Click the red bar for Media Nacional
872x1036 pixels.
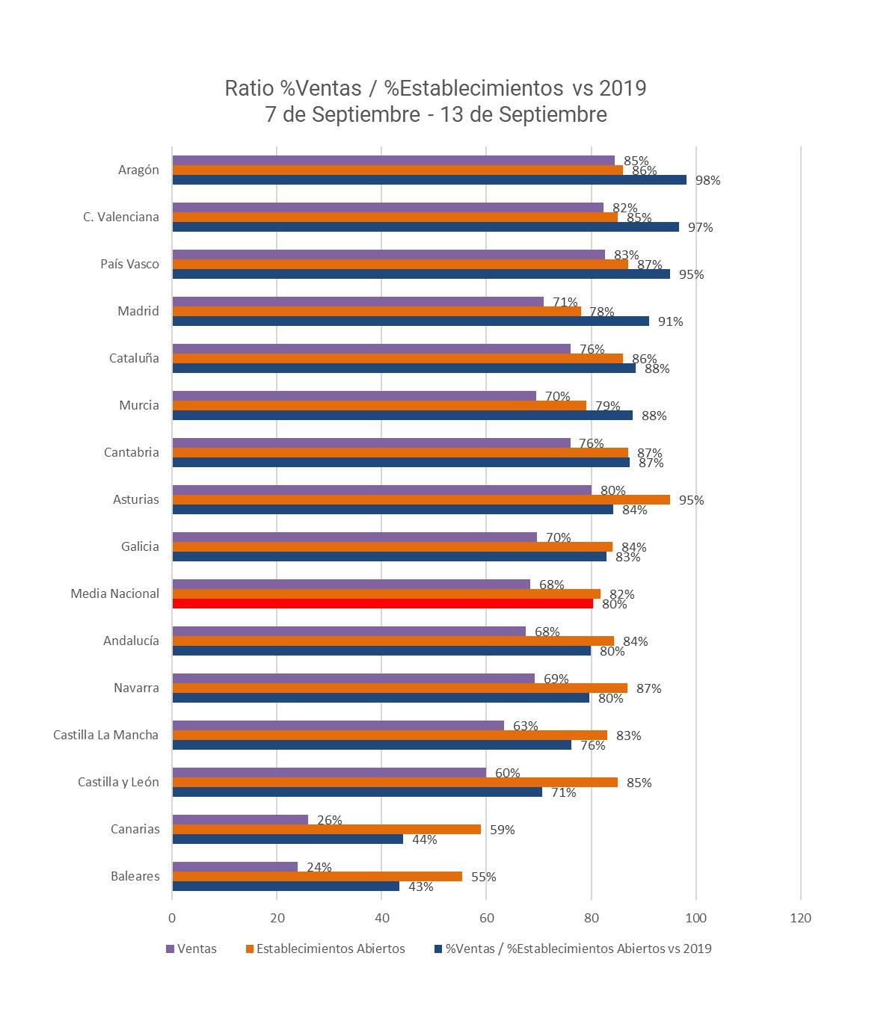pos(382,604)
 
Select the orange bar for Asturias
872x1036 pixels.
pos(421,500)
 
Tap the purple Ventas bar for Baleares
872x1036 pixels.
pos(235,867)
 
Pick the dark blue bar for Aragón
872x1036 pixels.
pos(429,180)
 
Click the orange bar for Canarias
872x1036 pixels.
pos(326,830)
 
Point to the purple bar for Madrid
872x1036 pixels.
pos(357,302)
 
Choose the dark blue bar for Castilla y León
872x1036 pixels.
pos(357,792)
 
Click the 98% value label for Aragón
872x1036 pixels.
pos(707,180)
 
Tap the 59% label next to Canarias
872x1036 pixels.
pos(502,830)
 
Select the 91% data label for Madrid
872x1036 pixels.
pos(670,321)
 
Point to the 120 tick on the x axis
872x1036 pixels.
pos(800,919)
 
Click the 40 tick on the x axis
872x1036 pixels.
pos(381,919)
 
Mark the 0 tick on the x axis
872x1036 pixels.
pos(172,919)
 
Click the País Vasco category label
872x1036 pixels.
pos(129,264)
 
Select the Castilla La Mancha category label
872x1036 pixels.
pos(105,735)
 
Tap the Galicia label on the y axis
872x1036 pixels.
pos(140,546)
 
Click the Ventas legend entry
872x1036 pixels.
pos(197,949)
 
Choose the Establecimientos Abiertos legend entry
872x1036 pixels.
pos(330,949)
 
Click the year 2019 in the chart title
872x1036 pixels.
pos(619,88)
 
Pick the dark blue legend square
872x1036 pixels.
pos(438,949)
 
